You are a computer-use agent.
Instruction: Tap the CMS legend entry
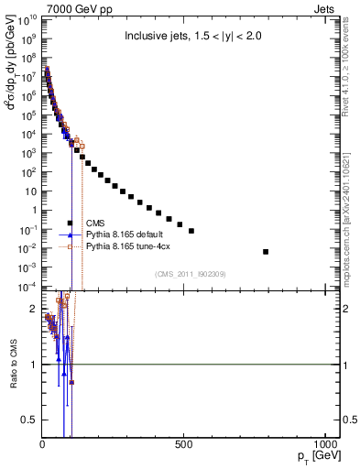pos(93,223)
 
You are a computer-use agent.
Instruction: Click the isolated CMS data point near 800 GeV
pos(266,251)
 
